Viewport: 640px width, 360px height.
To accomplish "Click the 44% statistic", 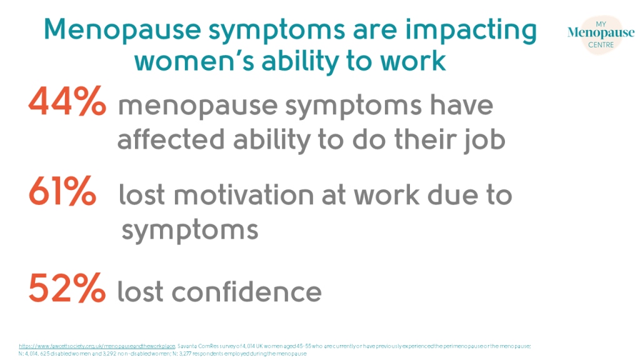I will tap(67, 103).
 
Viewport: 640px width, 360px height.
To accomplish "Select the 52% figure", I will tap(67, 289).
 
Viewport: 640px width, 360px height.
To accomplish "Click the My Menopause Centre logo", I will tap(591, 34).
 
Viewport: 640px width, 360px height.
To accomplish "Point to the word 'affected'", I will tap(165, 140).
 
